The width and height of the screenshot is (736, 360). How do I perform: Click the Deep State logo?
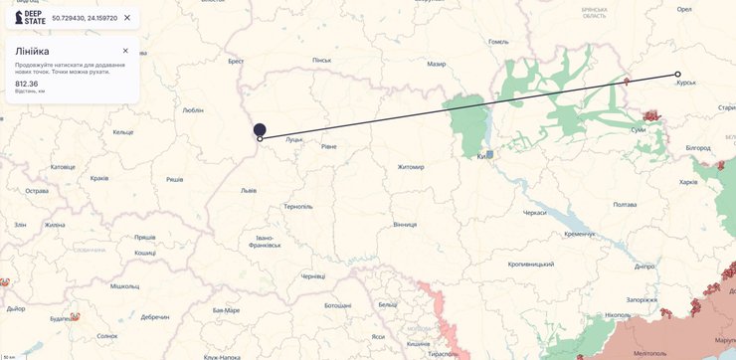coord(29,18)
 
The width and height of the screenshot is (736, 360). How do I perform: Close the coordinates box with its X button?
coord(127,18)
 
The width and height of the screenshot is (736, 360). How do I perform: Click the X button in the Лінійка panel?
coord(125,51)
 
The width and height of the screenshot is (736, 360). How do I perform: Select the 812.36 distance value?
coord(27,84)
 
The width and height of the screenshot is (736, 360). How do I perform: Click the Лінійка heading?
coord(32,51)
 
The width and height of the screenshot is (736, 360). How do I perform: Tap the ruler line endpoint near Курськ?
coord(678,75)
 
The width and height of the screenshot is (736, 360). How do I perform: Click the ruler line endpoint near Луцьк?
coord(261,139)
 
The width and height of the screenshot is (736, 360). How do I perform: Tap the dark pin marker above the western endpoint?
coord(260,129)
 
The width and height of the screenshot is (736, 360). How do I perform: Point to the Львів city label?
coord(249,190)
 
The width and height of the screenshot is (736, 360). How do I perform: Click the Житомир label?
coord(410,167)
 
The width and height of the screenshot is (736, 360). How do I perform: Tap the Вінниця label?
coord(405,225)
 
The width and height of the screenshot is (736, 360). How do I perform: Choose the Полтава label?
coord(625,205)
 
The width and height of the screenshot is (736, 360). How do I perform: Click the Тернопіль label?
coord(298,207)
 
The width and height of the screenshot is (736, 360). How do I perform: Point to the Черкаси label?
coord(535,213)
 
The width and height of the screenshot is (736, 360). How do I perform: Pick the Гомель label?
coord(498,42)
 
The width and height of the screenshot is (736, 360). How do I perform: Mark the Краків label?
coord(99,178)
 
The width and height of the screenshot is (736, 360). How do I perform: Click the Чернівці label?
coord(312,276)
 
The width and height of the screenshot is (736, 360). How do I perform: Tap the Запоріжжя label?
coord(642,299)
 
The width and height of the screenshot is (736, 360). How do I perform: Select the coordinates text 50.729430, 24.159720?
coord(85,18)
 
